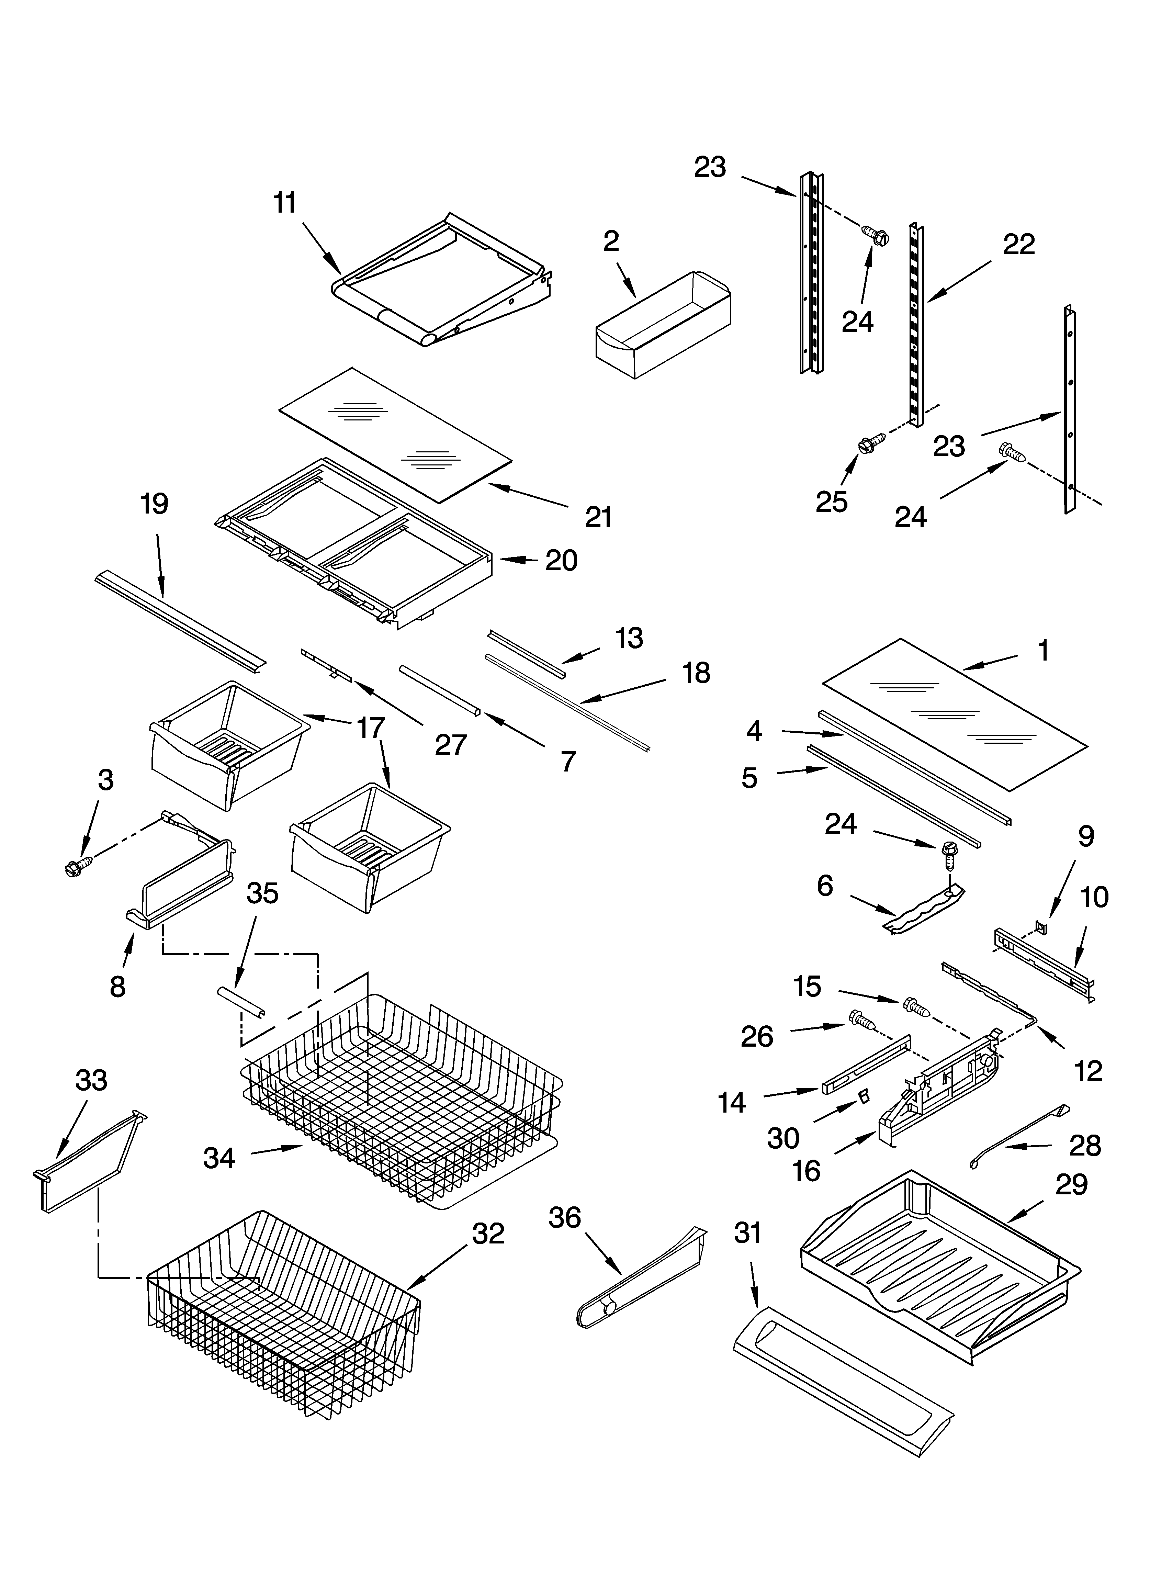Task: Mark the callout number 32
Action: pos(488,1233)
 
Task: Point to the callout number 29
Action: pos(1072,1184)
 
